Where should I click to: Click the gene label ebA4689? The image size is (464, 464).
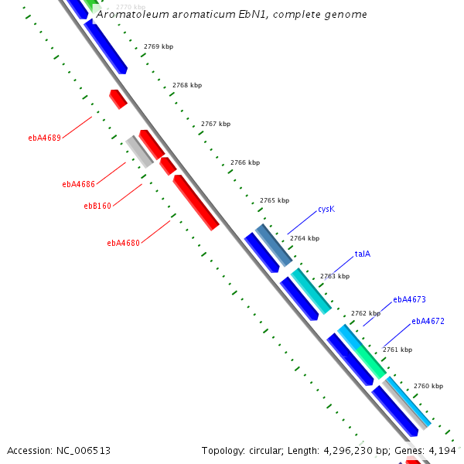pyautogui.click(x=45, y=138)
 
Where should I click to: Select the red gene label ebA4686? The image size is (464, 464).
pyautogui.click(x=79, y=185)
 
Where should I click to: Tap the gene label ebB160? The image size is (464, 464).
pyautogui.click(x=97, y=206)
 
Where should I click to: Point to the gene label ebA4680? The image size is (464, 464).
pyautogui.click(x=124, y=243)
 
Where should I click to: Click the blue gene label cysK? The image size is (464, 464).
pyautogui.click(x=326, y=210)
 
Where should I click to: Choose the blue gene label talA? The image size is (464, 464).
pyautogui.click(x=363, y=254)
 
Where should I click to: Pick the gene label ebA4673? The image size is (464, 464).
pyautogui.click(x=409, y=299)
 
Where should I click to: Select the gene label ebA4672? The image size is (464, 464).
pyautogui.click(x=428, y=321)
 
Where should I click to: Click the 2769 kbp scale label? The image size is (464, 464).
pyautogui.click(x=159, y=47)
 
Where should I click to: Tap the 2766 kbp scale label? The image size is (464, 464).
pyautogui.click(x=245, y=163)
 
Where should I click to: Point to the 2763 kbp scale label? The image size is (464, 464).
pyautogui.click(x=335, y=276)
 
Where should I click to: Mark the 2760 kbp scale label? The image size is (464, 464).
pyautogui.click(x=428, y=386)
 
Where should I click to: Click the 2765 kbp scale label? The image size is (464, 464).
pyautogui.click(x=275, y=201)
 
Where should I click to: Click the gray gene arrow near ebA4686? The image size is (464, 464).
pyautogui.click(x=139, y=151)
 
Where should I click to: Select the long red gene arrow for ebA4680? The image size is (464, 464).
pyautogui.click(x=196, y=202)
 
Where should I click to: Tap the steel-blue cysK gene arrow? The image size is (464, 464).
pyautogui.click(x=274, y=244)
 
